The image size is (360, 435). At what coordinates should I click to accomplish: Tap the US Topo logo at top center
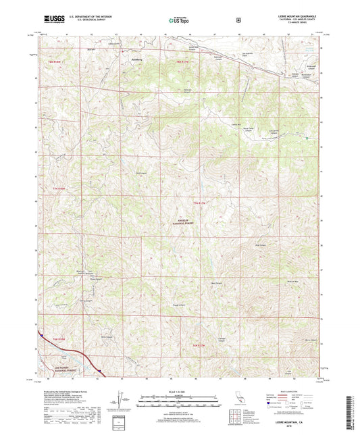pyautogui.click(x=179, y=21)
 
